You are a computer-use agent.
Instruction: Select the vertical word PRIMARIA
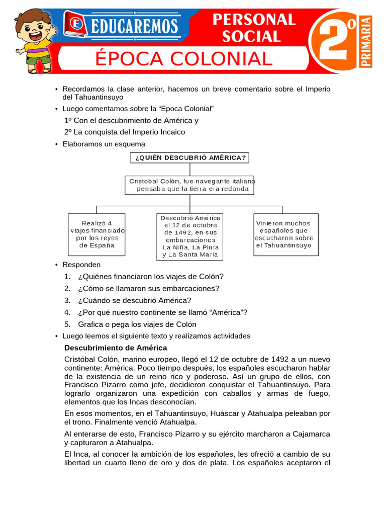click(x=366, y=42)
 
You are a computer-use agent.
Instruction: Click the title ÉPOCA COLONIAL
click(x=183, y=59)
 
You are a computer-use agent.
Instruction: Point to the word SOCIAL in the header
click(x=251, y=36)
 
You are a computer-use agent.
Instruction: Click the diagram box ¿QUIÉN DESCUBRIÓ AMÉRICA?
click(x=189, y=157)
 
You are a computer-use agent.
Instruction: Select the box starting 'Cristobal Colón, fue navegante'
click(x=189, y=185)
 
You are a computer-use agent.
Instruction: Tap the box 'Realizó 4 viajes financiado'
click(x=96, y=234)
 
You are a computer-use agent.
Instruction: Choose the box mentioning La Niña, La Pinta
click(x=190, y=236)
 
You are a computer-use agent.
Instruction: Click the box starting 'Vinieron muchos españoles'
click(x=285, y=234)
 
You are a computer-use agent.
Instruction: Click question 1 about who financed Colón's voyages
click(x=150, y=277)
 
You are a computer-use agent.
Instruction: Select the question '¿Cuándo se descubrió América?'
click(x=134, y=300)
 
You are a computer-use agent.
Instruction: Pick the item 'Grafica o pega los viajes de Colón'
click(x=137, y=324)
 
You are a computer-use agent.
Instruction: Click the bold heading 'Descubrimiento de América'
click(x=116, y=348)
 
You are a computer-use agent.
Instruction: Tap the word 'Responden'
click(x=81, y=265)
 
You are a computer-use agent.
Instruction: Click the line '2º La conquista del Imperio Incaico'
click(x=125, y=132)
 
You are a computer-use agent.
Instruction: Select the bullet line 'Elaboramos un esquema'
click(x=104, y=144)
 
